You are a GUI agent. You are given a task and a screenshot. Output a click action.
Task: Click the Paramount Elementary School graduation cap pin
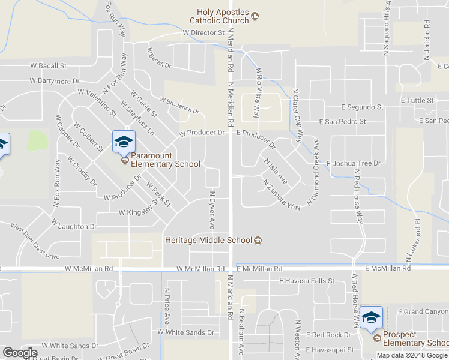124,142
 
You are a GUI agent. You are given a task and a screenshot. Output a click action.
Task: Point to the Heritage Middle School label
208,241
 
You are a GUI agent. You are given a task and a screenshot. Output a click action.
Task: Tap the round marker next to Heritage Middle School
258,241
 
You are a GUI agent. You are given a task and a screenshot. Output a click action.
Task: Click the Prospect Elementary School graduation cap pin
371,318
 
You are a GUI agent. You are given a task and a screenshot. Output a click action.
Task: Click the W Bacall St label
49,65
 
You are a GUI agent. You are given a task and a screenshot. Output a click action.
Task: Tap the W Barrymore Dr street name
54,80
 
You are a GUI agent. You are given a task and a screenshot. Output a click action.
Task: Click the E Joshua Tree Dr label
354,163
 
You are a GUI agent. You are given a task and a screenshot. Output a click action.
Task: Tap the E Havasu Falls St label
306,281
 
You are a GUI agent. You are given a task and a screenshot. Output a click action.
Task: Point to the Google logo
20,353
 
